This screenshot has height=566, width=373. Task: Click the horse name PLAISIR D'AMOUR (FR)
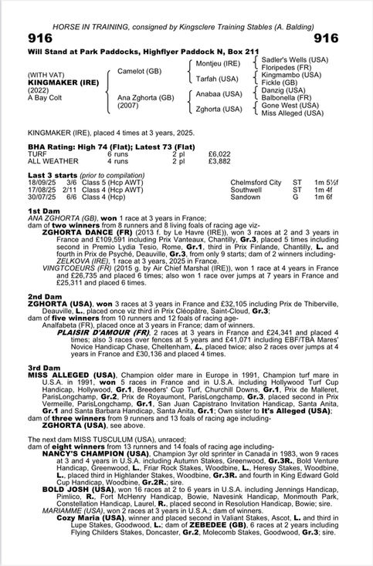point(99,332)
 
